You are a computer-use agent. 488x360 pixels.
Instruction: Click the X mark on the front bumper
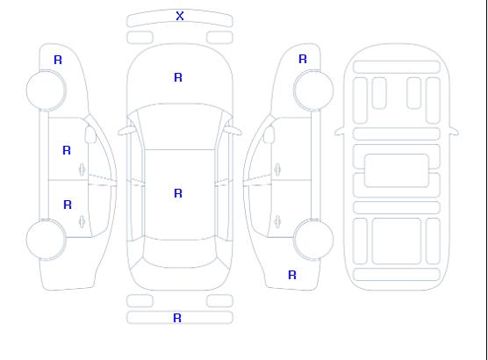180,16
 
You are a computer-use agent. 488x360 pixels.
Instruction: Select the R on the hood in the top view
178,77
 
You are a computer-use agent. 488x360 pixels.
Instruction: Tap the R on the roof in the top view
178,193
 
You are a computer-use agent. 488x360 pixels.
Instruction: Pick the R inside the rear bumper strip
177,318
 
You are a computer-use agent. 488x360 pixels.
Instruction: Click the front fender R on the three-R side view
58,60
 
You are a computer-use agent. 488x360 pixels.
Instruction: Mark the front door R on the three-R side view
67,150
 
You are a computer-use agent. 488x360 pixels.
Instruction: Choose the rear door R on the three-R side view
68,205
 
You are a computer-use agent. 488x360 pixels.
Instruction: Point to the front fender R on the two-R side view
303,59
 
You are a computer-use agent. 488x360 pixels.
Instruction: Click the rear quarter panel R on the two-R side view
292,275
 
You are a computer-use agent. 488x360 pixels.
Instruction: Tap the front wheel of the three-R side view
46,90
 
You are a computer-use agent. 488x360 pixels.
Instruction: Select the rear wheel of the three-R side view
46,240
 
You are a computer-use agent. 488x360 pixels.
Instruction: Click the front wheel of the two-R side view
313,90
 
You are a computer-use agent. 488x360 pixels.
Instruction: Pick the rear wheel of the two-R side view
313,240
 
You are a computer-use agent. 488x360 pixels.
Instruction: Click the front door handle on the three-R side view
83,169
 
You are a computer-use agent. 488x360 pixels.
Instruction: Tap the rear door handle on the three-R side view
83,221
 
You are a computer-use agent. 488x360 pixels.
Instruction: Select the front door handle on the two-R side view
277,169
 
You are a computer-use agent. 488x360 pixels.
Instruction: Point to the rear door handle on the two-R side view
277,221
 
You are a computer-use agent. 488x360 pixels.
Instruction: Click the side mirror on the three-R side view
90,134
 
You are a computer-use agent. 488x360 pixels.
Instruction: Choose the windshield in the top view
180,126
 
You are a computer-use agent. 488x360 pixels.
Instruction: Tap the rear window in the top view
180,253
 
